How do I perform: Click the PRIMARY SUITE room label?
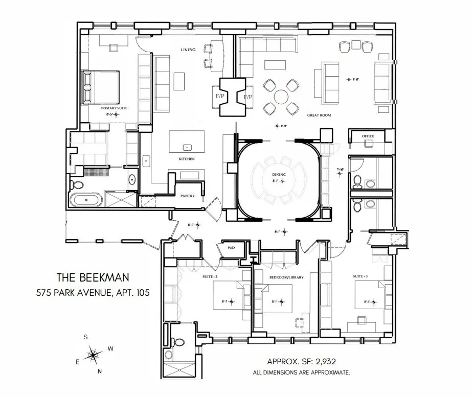[114, 109]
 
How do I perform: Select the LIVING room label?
[189, 50]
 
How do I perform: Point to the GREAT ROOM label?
[319, 115]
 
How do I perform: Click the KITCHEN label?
[187, 159]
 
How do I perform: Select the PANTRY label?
[188, 196]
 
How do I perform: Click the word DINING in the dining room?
[279, 175]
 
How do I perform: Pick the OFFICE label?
[368, 136]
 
